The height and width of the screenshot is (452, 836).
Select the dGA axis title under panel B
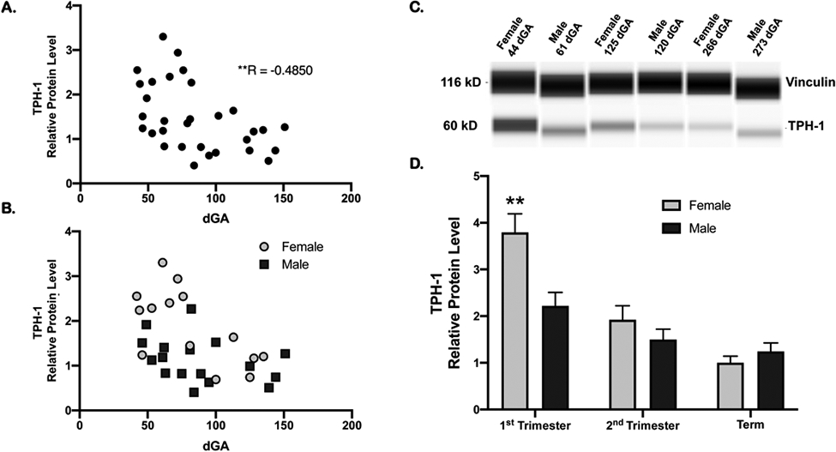coord(214,445)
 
